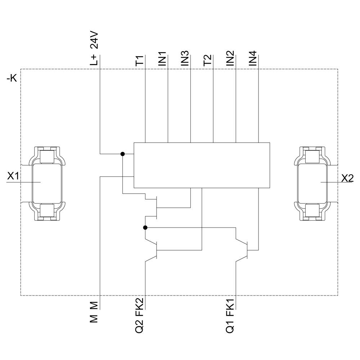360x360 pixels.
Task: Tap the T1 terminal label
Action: (x=139, y=60)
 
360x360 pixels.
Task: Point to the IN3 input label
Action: (x=185, y=59)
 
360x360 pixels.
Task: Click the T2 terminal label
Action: (x=208, y=60)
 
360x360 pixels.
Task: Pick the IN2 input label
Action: (x=230, y=59)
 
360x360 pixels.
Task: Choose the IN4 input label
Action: (x=253, y=59)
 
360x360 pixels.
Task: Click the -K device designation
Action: (x=12, y=79)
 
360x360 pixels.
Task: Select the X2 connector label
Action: (x=347, y=178)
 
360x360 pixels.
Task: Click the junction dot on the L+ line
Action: (x=122, y=154)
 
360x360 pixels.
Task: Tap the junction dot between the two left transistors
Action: (x=145, y=228)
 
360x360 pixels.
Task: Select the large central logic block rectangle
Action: (x=202, y=165)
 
